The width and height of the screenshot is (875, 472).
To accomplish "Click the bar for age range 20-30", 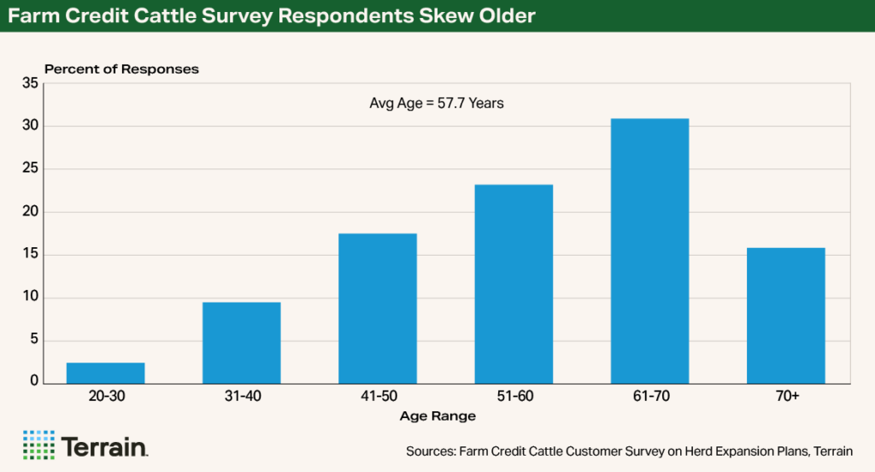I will coord(105,374).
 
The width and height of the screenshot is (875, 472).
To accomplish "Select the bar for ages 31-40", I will coord(241,343).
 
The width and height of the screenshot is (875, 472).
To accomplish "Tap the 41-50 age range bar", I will coord(378,309).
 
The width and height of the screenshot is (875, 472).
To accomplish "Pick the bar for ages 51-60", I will coord(514,284).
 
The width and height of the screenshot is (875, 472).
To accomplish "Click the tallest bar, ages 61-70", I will coord(649,251).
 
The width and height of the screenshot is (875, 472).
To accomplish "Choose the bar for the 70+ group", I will coord(785,316).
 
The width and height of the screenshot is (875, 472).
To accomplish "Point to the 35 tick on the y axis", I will coord(30,84).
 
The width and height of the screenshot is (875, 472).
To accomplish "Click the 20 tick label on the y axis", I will coord(30,212).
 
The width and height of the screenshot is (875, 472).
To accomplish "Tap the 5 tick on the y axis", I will coord(33,341).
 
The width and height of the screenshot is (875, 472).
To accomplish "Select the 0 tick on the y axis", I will coord(33,381).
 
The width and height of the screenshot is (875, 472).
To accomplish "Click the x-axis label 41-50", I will coord(378,398).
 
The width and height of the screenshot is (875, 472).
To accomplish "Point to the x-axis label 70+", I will coord(785,398).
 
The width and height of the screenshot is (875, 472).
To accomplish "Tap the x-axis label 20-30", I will coord(105,398).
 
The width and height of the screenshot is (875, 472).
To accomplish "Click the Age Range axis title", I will coord(437,416).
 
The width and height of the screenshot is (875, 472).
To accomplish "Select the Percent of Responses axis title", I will coord(121,69).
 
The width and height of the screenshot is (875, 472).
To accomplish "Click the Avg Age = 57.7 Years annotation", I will coord(437,103).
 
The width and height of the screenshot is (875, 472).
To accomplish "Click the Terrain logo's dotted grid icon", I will coord(38,445).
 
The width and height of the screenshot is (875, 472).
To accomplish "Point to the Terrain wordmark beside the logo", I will coord(105,446).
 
